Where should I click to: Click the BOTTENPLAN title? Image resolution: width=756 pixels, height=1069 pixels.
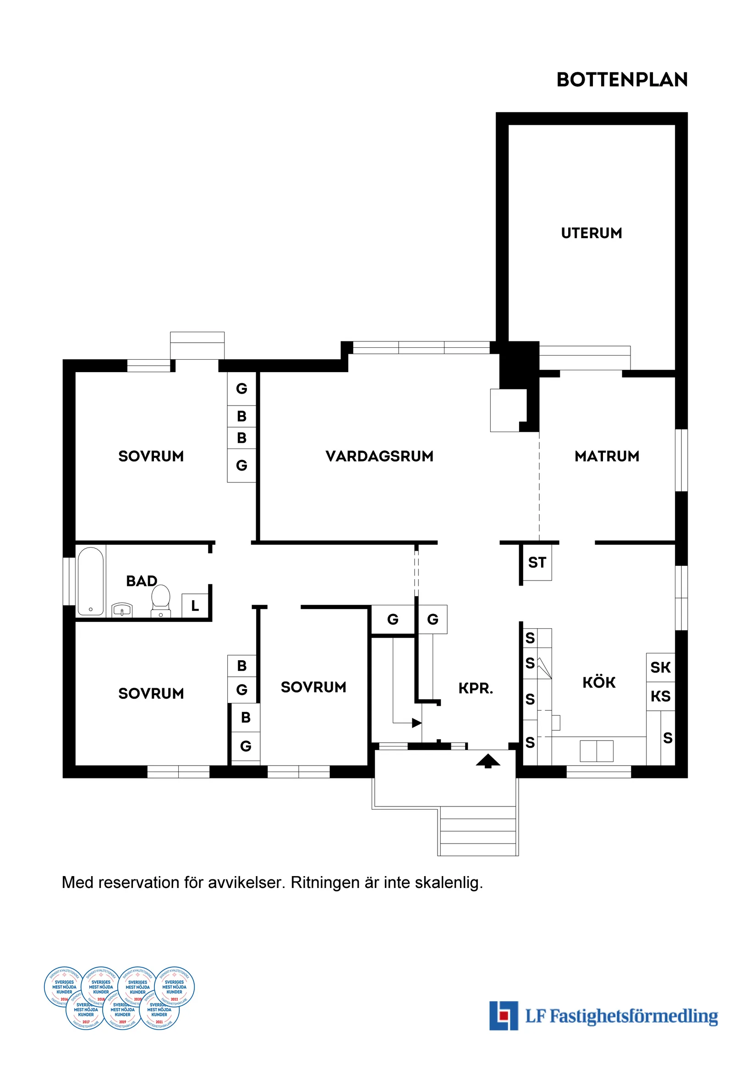click(622, 80)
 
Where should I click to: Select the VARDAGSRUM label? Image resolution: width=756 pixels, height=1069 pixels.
click(379, 456)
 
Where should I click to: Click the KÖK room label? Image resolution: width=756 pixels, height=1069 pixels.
click(599, 683)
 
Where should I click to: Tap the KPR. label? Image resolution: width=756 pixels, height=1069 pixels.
click(475, 688)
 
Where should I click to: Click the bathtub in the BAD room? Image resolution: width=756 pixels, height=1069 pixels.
click(91, 581)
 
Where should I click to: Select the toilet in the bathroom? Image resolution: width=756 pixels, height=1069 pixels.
click(161, 599)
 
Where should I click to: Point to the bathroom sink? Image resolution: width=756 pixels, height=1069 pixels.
click(122, 609)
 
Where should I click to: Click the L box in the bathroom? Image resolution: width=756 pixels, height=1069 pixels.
click(195, 606)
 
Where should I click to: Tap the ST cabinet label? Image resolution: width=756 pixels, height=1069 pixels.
click(537, 562)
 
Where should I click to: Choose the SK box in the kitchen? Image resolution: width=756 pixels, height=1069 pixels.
click(660, 668)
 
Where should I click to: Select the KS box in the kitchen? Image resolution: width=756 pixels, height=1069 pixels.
click(660, 696)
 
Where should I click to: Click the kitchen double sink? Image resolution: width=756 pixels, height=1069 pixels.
click(597, 751)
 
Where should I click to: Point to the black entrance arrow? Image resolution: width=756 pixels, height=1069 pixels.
click(488, 761)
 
